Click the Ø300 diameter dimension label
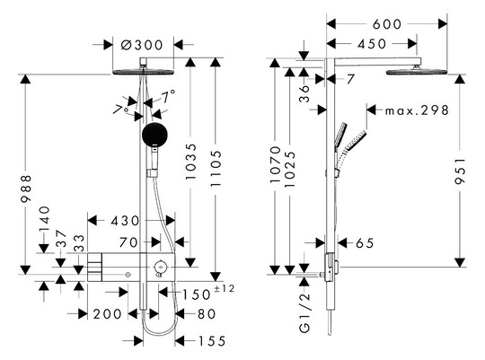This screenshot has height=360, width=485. pyautogui.click(x=142, y=45)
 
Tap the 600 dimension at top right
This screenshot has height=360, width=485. pyautogui.click(x=387, y=24)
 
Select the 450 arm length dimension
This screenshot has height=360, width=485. pyautogui.click(x=372, y=44)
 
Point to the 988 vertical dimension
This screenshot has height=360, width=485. pyautogui.click(x=26, y=188)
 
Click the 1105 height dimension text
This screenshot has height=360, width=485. pyautogui.click(x=216, y=168)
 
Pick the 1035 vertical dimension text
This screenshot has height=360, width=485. pyautogui.click(x=190, y=162)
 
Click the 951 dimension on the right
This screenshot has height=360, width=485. pyautogui.click(x=460, y=171)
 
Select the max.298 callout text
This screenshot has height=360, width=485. pyautogui.click(x=417, y=110)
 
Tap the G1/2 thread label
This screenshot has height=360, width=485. pyautogui.click(x=304, y=312)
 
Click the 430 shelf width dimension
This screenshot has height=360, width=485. pyautogui.click(x=125, y=221)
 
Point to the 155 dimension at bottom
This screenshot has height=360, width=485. pyautogui.click(x=212, y=341)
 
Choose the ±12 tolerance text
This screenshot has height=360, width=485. pyautogui.click(x=225, y=288)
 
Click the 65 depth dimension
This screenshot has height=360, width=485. pyautogui.click(x=365, y=243)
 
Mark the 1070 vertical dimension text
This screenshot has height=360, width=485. pyautogui.click(x=275, y=164)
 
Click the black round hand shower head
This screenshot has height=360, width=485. pyautogui.click(x=154, y=135)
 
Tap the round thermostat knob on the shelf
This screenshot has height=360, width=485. pyautogui.click(x=160, y=266)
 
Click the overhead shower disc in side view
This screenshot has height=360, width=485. pyautogui.click(x=417, y=72)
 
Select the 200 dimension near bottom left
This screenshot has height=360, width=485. pyautogui.click(x=108, y=314)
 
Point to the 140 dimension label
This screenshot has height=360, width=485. pyautogui.click(x=44, y=219)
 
